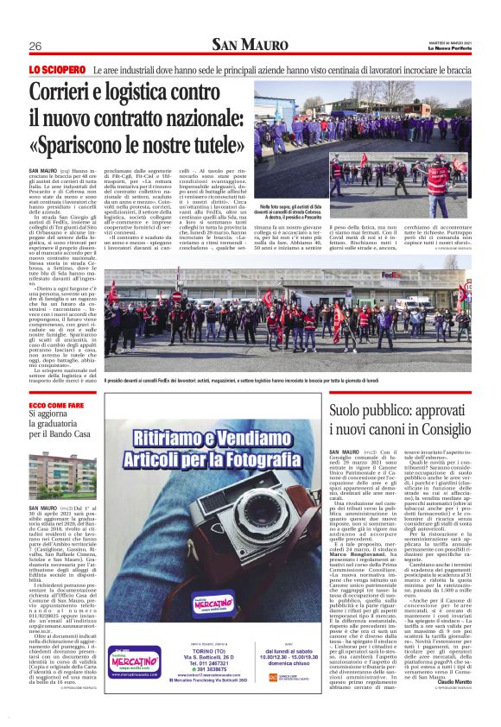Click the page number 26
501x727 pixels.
36,46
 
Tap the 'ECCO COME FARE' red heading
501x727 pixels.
58,405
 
